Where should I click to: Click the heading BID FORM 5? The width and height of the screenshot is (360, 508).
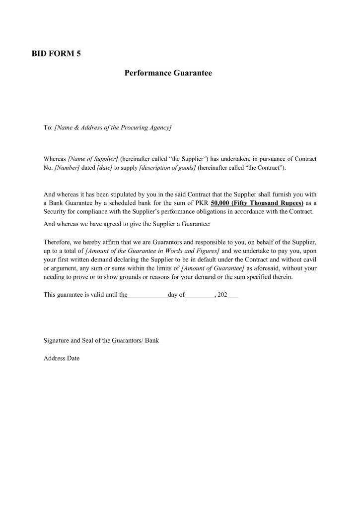(56, 55)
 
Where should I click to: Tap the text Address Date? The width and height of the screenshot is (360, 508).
(62, 358)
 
